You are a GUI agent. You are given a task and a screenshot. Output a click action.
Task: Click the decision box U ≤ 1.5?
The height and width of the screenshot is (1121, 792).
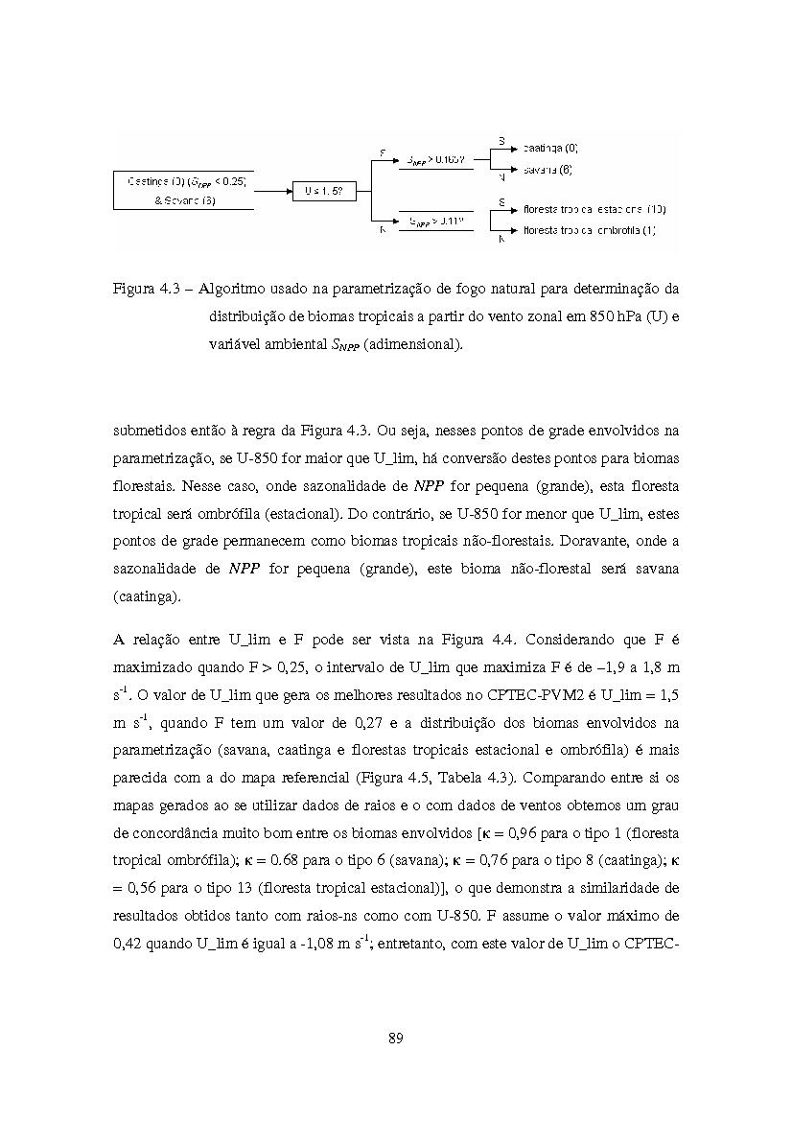pos(324,191)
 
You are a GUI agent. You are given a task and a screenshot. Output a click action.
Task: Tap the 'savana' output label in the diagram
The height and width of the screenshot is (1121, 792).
pos(547,170)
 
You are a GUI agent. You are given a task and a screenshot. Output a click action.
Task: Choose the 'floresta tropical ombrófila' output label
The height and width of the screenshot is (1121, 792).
pos(589,230)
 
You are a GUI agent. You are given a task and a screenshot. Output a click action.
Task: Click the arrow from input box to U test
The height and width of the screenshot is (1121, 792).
pos(272,191)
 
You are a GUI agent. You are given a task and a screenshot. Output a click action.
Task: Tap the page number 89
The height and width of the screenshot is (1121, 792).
pos(395,1038)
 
